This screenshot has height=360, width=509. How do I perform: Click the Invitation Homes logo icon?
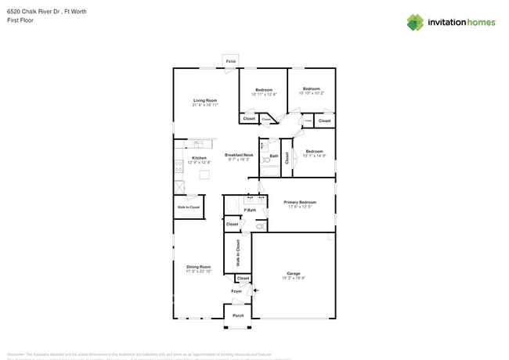click(x=415, y=22)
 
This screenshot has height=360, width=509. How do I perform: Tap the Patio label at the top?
click(x=230, y=61)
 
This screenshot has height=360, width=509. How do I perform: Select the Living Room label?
click(x=205, y=101)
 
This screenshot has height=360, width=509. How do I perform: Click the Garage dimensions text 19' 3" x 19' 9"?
click(x=294, y=278)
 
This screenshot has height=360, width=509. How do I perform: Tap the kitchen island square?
click(x=204, y=175)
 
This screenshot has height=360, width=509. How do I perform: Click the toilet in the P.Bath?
click(x=260, y=226)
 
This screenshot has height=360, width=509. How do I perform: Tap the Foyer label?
click(x=237, y=291)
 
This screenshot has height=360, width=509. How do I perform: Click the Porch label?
click(x=238, y=315)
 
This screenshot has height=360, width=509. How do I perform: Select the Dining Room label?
click(x=198, y=267)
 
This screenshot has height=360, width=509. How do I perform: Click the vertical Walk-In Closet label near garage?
click(x=238, y=252)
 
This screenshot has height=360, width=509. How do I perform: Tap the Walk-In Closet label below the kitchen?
click(x=188, y=207)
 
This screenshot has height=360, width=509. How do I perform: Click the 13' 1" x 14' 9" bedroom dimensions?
click(x=315, y=155)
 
